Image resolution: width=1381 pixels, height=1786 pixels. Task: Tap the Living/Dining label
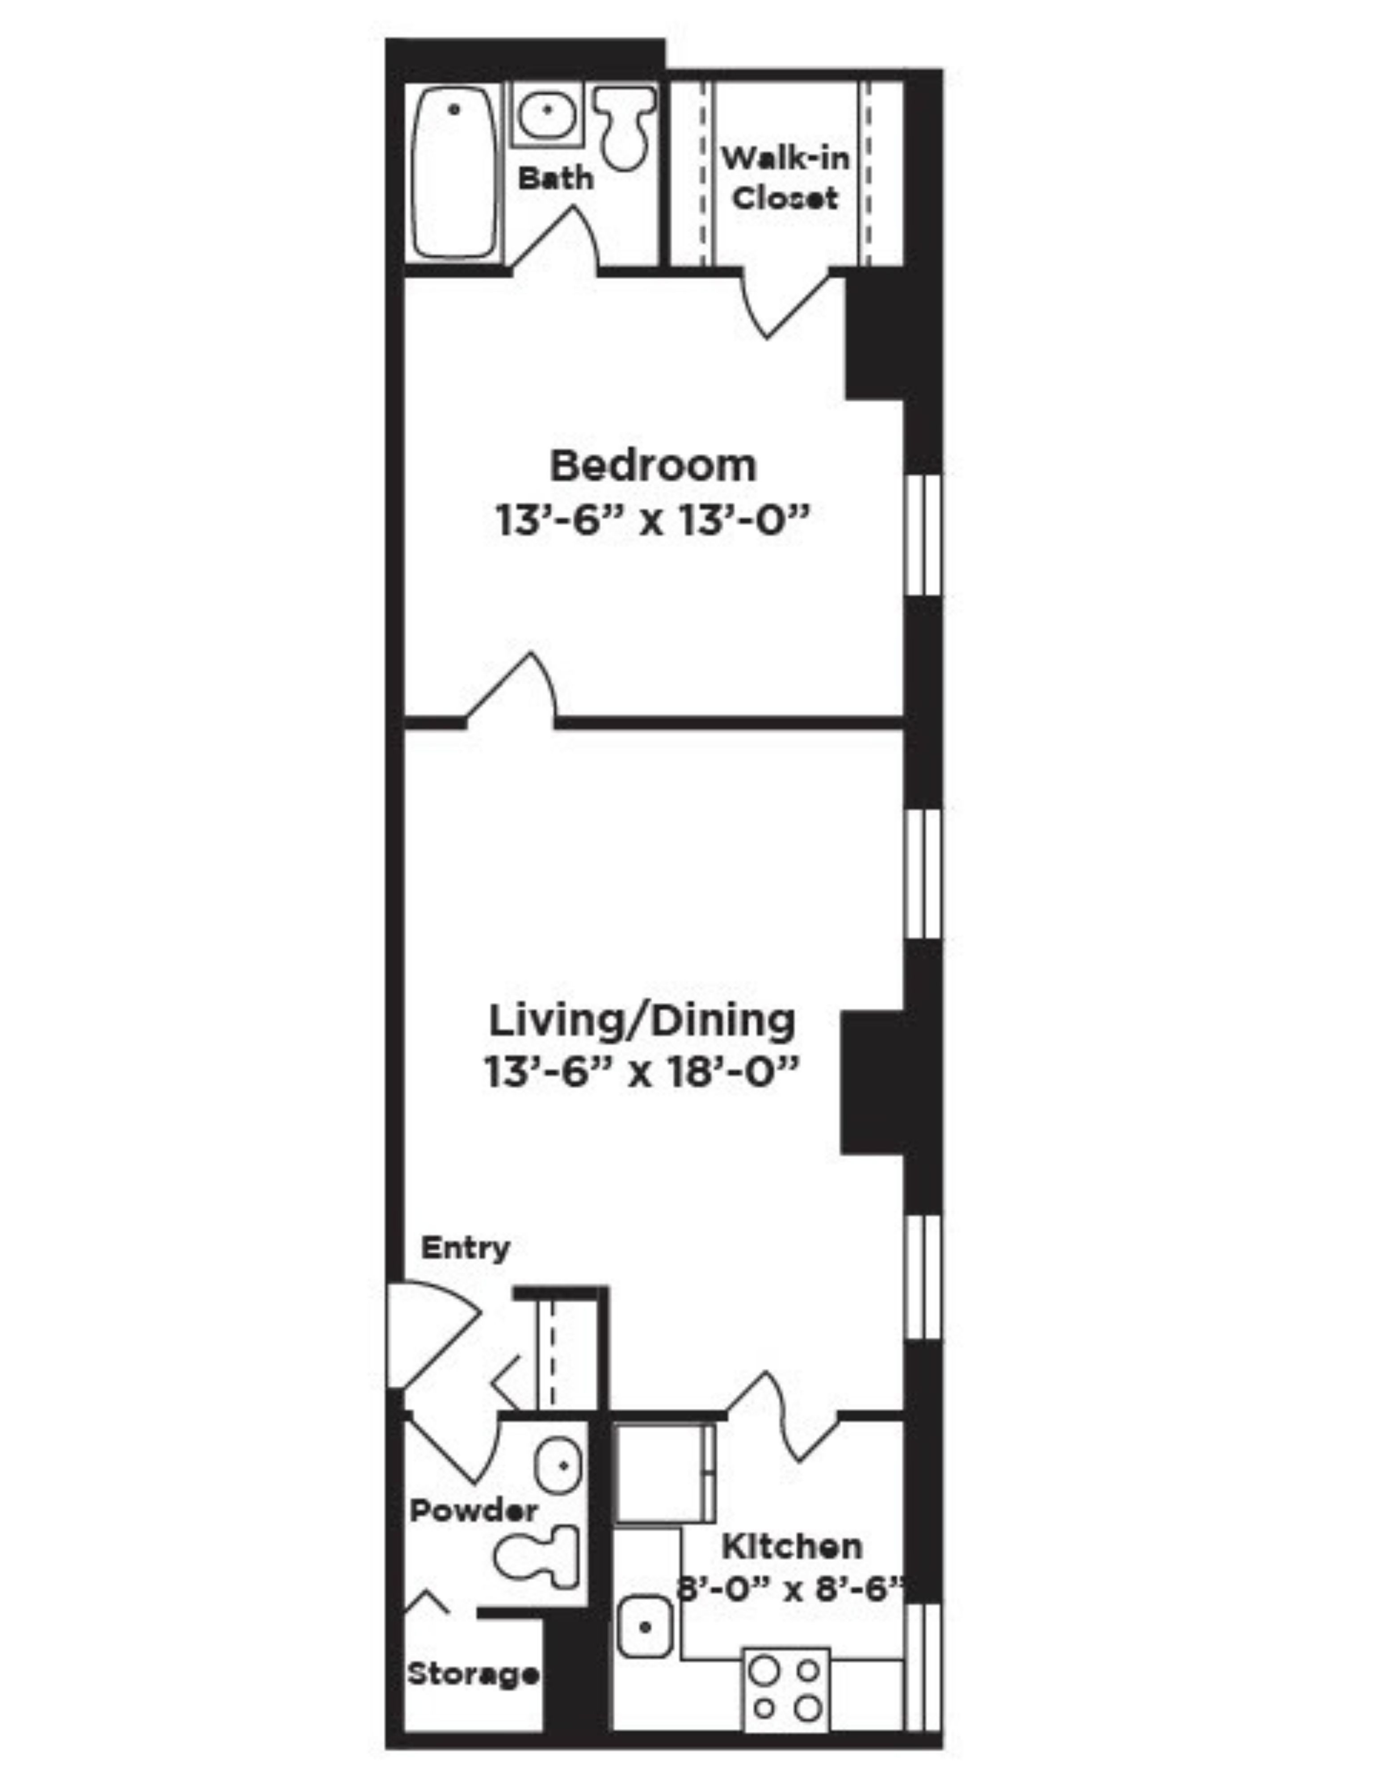(x=642, y=1022)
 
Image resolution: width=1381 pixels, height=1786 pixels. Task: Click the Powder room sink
(x=559, y=1465)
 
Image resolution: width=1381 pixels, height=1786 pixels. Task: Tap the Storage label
(x=473, y=1674)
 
